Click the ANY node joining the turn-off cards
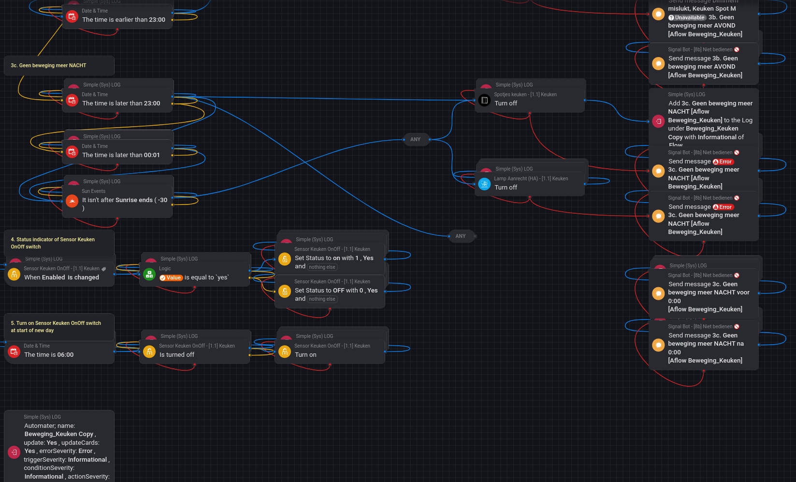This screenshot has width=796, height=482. pos(415,139)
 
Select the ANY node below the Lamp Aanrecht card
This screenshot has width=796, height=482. pos(460,236)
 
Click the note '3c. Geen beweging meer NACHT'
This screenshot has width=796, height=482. pos(48,65)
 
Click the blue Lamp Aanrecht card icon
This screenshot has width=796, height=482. pos(484,184)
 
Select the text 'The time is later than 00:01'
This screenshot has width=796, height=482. pos(121,155)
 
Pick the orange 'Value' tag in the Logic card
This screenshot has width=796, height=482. pos(171,278)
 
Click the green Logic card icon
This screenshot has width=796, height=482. pos(149,275)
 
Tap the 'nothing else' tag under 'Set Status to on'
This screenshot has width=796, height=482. pos(322,267)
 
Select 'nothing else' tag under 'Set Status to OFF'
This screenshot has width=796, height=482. pos(322,299)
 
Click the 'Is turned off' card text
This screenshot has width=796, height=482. pos(177,354)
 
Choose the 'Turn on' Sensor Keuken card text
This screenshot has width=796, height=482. pos(305,354)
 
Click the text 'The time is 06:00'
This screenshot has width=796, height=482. pos(49,354)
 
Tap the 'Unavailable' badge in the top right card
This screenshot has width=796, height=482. pos(687,17)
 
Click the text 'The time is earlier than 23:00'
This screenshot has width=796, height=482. pos(124,19)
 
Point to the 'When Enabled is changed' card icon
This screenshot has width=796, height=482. pos(14,275)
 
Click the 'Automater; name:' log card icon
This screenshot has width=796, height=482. pos(14,453)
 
